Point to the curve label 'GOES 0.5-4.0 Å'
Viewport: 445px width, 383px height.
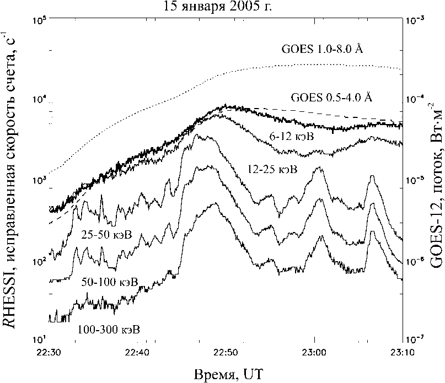(x=331, y=98)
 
